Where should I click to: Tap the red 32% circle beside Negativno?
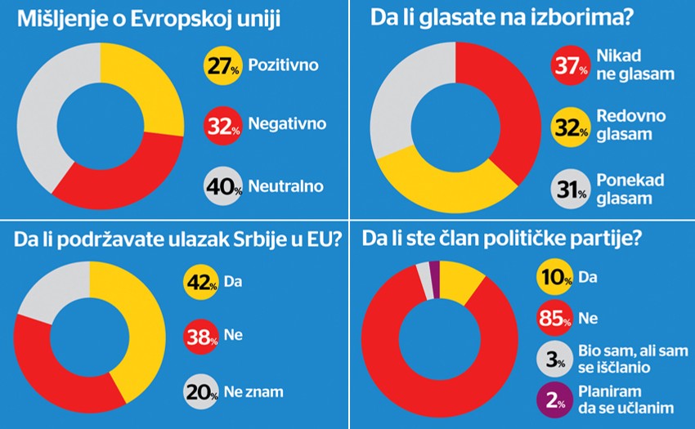click(221, 125)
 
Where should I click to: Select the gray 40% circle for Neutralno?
click(221, 185)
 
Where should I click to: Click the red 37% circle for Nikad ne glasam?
click(570, 65)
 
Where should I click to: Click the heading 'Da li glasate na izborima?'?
click(507, 17)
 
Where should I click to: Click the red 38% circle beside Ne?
click(200, 334)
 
